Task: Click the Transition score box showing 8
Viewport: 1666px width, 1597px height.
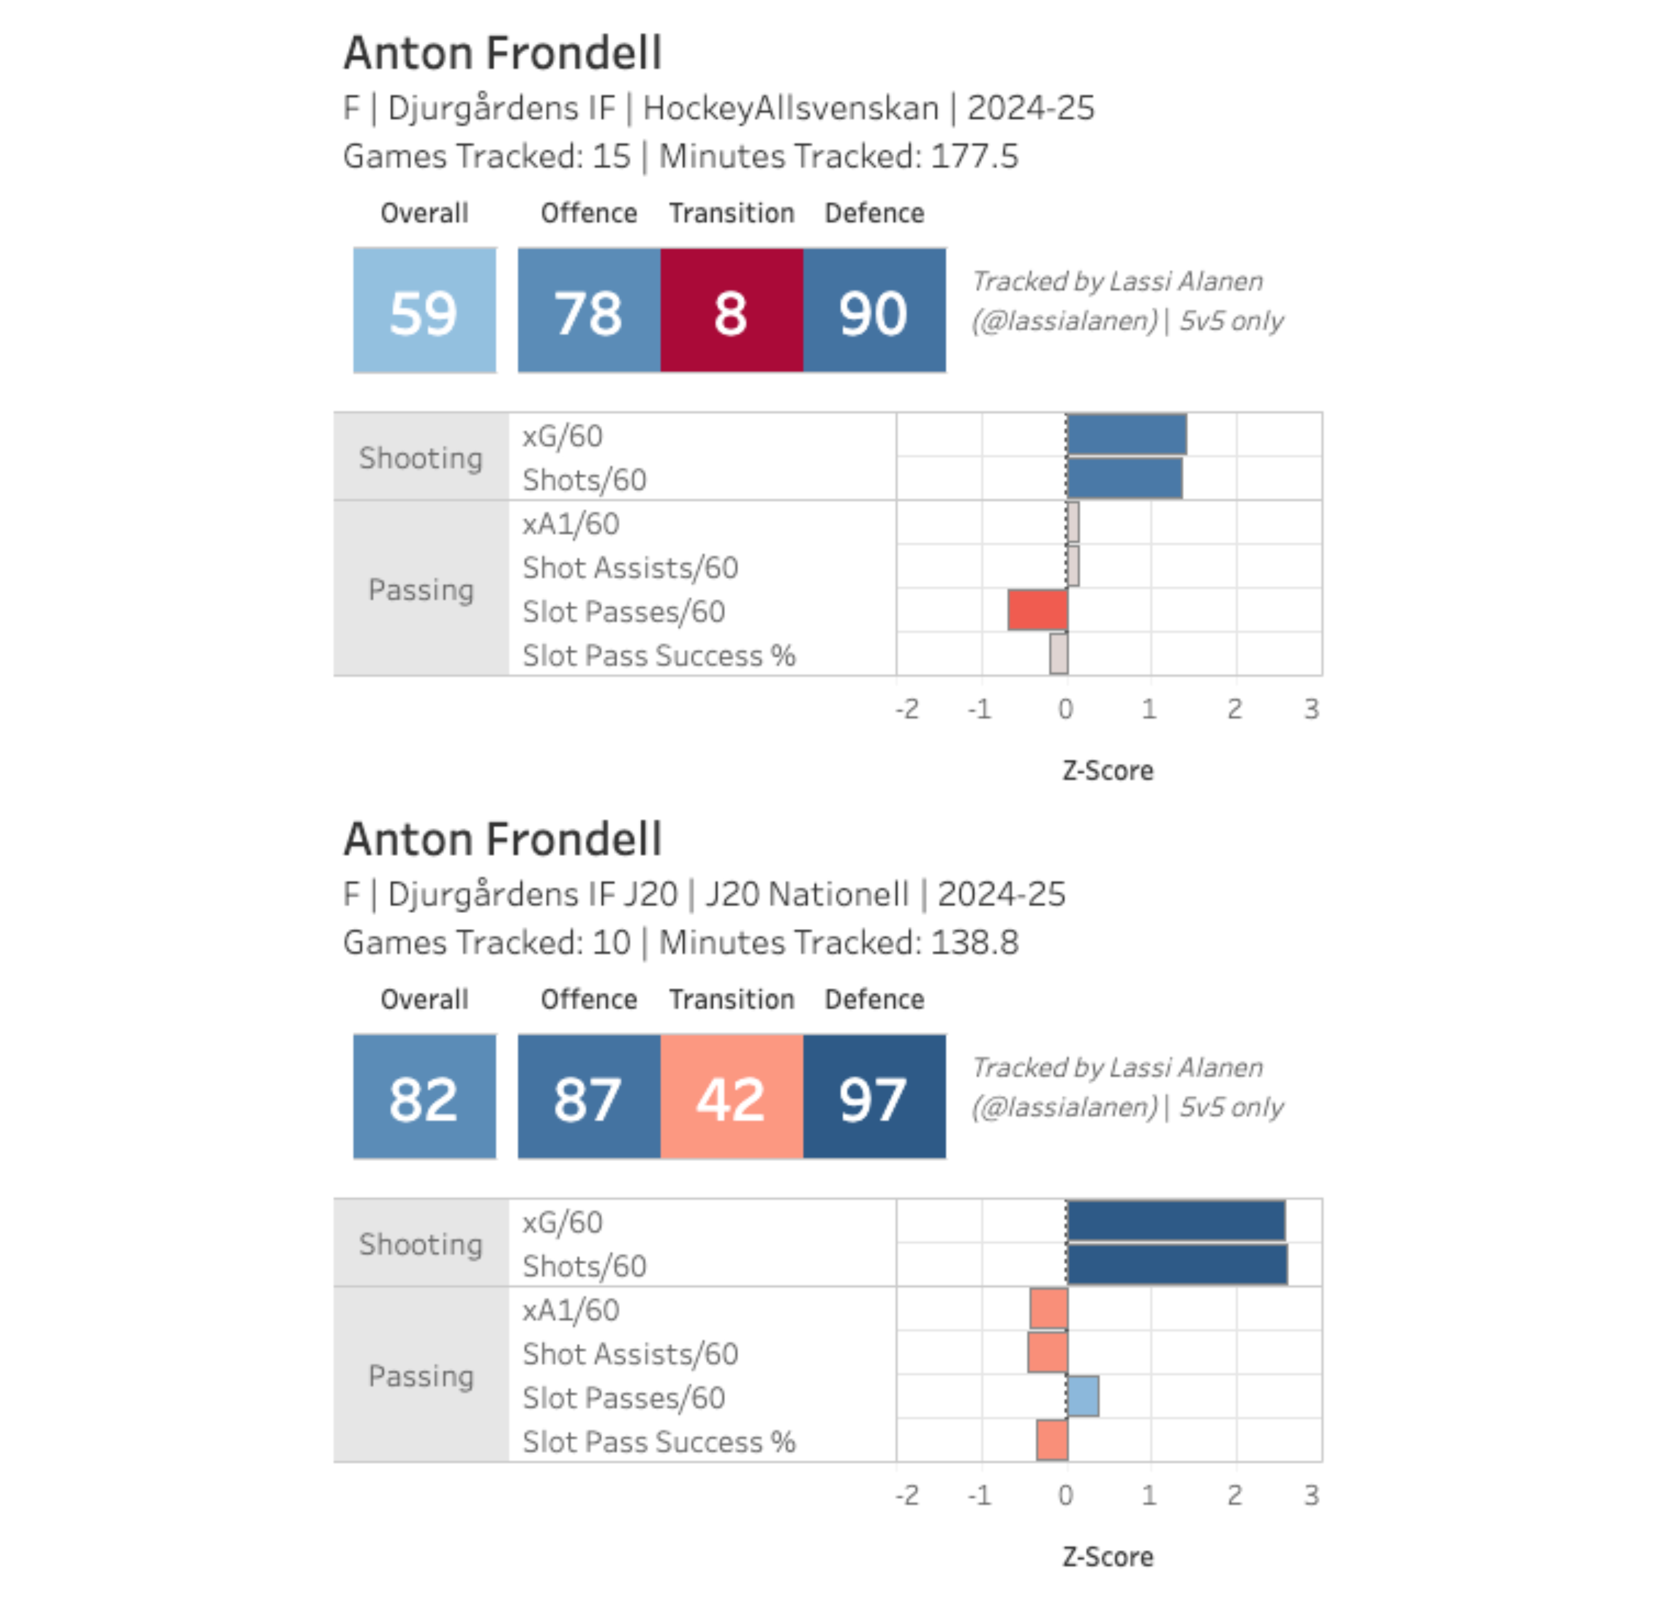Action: (731, 310)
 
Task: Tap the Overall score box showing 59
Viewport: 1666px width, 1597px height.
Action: (424, 310)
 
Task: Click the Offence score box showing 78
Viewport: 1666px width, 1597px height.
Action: (588, 310)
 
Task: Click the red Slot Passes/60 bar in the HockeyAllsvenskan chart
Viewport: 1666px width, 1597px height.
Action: (1037, 609)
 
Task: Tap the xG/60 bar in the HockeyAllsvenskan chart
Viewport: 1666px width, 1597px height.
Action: (1126, 435)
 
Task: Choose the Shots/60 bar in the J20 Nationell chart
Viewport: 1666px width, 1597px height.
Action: (1177, 1264)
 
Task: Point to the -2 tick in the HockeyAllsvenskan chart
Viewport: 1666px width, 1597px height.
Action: (907, 709)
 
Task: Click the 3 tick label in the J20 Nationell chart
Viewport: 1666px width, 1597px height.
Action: (1311, 1495)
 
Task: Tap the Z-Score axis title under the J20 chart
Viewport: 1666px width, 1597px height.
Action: (1108, 1556)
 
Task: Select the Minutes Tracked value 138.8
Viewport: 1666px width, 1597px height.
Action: (974, 943)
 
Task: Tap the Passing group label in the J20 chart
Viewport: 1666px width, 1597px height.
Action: (421, 1375)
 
